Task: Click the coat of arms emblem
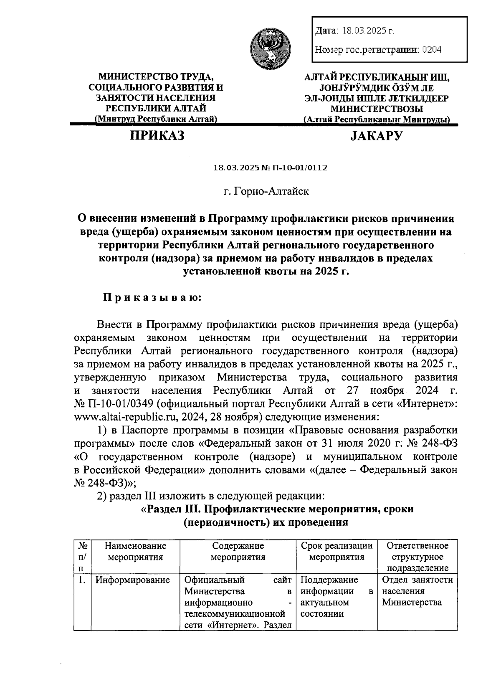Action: coord(268,47)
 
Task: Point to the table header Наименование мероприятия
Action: coord(135,551)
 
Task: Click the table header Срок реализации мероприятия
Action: coord(337,551)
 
